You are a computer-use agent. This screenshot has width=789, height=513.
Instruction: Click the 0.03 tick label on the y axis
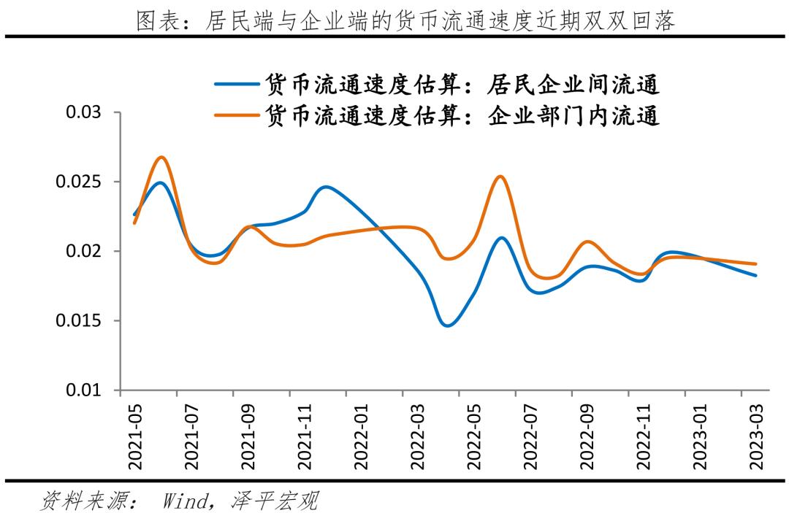tap(84, 113)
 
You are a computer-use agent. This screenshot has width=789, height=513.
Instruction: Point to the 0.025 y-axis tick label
tap(79, 182)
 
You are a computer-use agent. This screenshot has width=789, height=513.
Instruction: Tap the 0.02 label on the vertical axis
tap(84, 252)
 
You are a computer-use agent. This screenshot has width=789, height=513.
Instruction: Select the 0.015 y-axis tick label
tap(79, 321)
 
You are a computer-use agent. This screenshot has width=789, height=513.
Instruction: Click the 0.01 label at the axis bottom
tap(84, 390)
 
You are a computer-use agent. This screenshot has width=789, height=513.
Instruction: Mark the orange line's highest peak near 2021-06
tap(162, 157)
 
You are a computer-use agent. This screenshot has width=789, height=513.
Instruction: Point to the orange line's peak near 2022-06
tap(499, 176)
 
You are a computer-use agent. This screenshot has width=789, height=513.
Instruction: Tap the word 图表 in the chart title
tap(155, 21)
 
